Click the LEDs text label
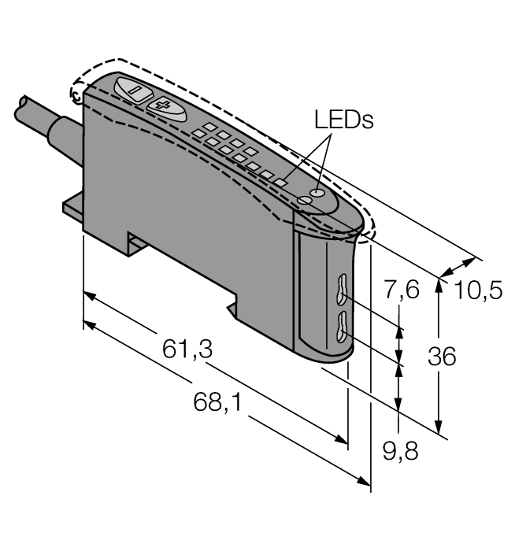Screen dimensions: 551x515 (x=343, y=120)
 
